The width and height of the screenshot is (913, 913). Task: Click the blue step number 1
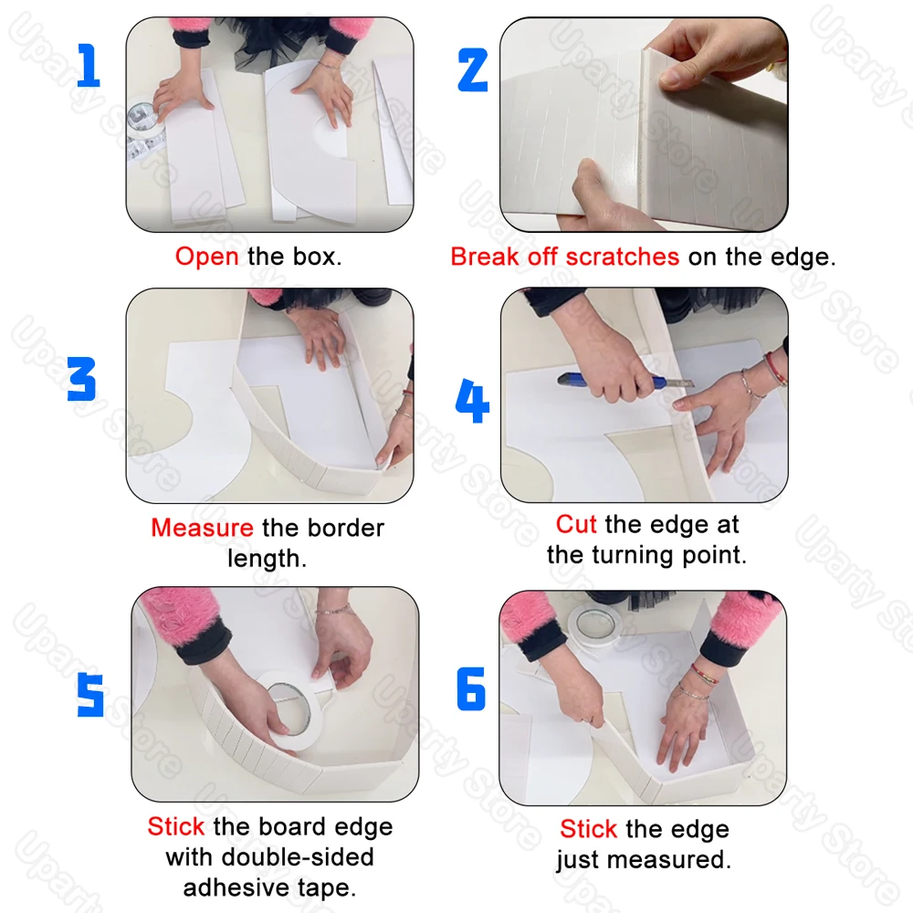tap(89, 65)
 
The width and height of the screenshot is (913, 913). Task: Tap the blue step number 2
tap(473, 70)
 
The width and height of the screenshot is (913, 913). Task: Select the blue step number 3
tap(81, 379)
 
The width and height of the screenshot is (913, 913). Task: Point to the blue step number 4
tap(472, 401)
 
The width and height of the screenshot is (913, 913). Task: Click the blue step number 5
tap(90, 695)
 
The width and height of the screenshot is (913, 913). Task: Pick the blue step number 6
tap(471, 688)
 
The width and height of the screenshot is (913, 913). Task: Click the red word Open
tap(206, 257)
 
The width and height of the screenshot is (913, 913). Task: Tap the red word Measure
tap(202, 528)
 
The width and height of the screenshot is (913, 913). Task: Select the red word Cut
tap(576, 524)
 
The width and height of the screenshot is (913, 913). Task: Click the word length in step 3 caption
tap(267, 559)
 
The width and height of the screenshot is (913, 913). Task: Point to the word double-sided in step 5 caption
tap(298, 857)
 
